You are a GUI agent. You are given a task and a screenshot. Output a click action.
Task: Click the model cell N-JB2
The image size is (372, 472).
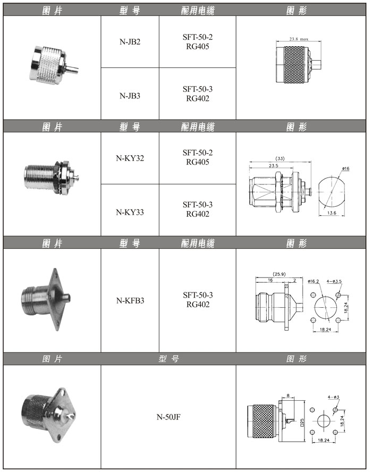pyautogui.click(x=130, y=42)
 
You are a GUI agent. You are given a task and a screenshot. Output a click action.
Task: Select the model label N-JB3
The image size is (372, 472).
pyautogui.click(x=130, y=96)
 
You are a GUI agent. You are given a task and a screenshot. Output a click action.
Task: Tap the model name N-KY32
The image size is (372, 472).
pyautogui.click(x=130, y=158)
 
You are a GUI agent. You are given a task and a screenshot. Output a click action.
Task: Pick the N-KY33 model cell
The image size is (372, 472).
pyautogui.click(x=130, y=213)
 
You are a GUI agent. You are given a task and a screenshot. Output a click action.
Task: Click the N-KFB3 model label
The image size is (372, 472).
pyautogui.click(x=130, y=301)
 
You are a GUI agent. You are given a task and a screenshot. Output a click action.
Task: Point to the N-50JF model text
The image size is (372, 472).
pyautogui.click(x=168, y=417)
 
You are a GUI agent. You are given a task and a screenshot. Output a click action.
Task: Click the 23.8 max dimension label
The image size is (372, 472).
pyautogui.click(x=299, y=39)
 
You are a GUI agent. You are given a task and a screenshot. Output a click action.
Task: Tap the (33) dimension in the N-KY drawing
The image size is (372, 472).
pyautogui.click(x=280, y=158)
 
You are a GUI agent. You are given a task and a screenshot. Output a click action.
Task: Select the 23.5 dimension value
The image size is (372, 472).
pyautogui.click(x=273, y=165)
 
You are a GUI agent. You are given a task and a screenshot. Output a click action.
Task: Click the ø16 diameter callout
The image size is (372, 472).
pyautogui.click(x=345, y=168)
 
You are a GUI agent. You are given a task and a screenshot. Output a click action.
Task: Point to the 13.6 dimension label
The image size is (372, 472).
pyautogui.click(x=332, y=213)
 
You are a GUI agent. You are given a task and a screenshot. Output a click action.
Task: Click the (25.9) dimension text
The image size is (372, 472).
pyautogui.click(x=279, y=274)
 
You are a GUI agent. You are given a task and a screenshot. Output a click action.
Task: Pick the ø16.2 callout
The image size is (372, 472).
pyautogui.click(x=314, y=281)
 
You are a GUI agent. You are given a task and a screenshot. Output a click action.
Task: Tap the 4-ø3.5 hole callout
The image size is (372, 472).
pyautogui.click(x=334, y=281)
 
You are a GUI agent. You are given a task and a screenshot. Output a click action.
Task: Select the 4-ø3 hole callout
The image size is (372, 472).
pyautogui.click(x=334, y=397)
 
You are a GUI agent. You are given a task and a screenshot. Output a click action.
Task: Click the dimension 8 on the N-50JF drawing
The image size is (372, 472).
pyautogui.click(x=288, y=395)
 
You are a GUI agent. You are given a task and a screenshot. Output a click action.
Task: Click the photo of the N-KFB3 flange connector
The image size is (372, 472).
pyautogui.click(x=46, y=299)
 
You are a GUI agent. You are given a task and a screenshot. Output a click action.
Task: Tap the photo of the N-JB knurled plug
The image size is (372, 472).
pyautogui.click(x=54, y=64)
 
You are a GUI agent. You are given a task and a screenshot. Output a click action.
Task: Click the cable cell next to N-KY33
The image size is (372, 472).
pyautogui.click(x=198, y=209)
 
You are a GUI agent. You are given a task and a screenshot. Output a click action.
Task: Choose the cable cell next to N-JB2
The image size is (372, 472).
pyautogui.click(x=198, y=42)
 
